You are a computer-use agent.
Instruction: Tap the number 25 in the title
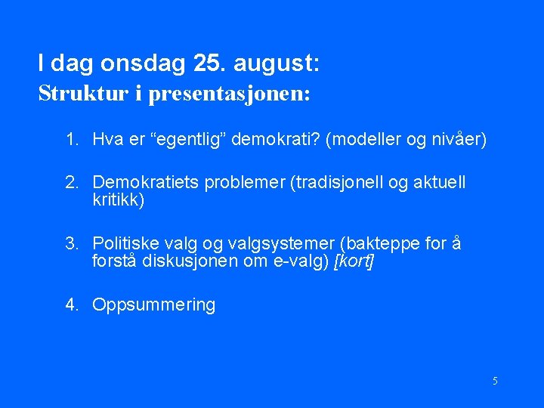[x=209, y=65]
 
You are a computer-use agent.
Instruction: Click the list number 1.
[x=71, y=140]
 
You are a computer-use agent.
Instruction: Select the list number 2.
[x=71, y=183]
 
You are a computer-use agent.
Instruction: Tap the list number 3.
[x=71, y=244]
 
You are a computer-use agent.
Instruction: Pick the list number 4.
[x=71, y=305]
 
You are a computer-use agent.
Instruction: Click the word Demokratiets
[x=141, y=183]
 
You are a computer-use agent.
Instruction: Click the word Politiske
[x=125, y=244]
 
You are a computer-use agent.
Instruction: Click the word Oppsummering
[x=153, y=305]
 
